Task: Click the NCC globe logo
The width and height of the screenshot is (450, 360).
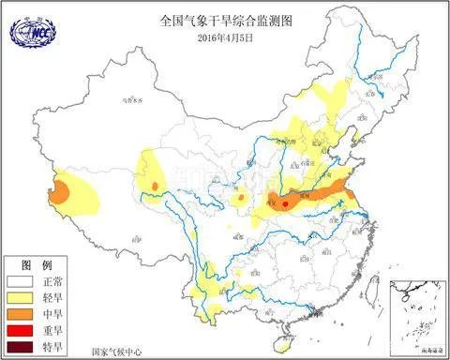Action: (x=30, y=33)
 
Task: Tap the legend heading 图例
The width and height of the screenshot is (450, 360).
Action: (x=33, y=263)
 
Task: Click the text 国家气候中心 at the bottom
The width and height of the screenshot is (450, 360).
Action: (x=116, y=352)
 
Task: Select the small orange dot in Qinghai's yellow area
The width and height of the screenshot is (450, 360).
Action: (x=154, y=187)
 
